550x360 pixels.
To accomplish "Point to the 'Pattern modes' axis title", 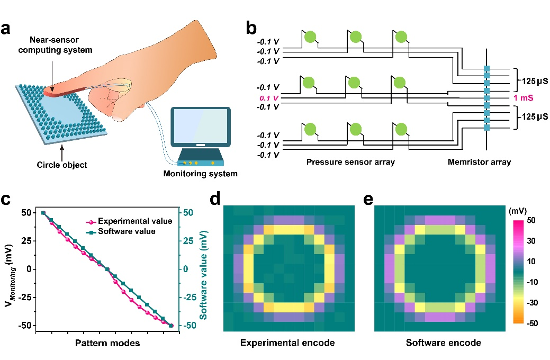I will point(107,343).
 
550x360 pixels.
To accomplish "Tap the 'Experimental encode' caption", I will point(287,343).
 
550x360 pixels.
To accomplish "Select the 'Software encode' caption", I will point(443,343).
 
